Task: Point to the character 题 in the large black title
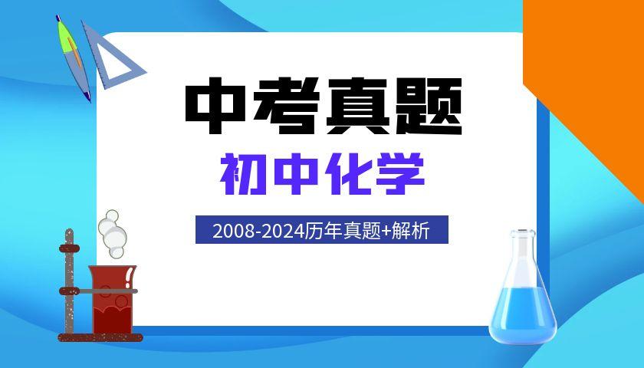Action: (x=429, y=106)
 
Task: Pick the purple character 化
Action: (x=348, y=174)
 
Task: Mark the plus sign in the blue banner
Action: (x=386, y=232)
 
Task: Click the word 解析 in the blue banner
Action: (x=411, y=231)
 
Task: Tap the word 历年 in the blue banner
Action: (x=322, y=231)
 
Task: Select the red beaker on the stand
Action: (x=112, y=299)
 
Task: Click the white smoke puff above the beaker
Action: (x=113, y=233)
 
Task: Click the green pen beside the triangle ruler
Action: (x=73, y=58)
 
